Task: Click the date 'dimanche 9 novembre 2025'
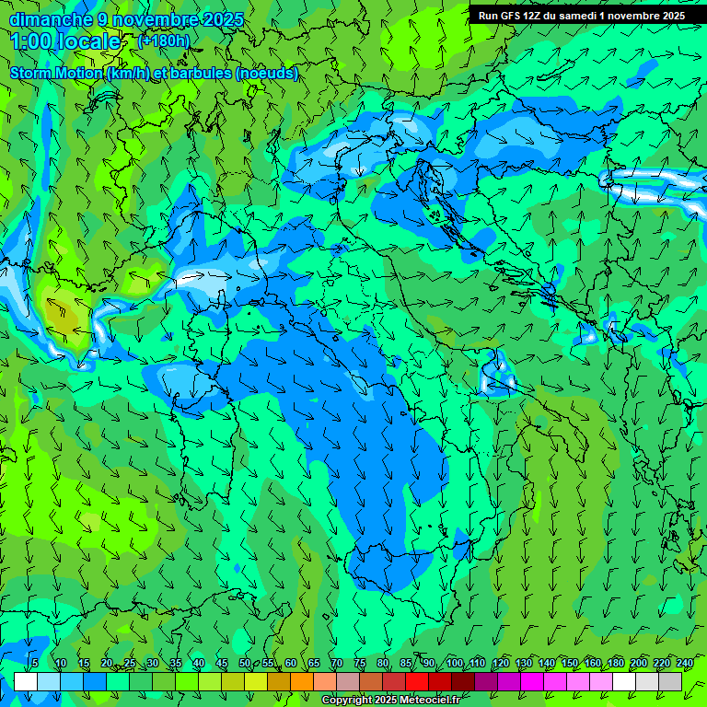[x=126, y=19]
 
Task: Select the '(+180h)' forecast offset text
[x=164, y=41]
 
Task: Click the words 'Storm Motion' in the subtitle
[x=57, y=73]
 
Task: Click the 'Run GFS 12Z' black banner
[x=582, y=16]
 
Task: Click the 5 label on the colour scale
[x=34, y=664]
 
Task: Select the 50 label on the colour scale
[x=244, y=664]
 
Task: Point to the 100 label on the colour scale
[x=455, y=664]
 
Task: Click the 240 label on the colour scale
[x=684, y=664]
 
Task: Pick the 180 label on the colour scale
[x=615, y=664]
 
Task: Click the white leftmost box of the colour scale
[x=26, y=681]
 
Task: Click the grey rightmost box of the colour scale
[x=670, y=681]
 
